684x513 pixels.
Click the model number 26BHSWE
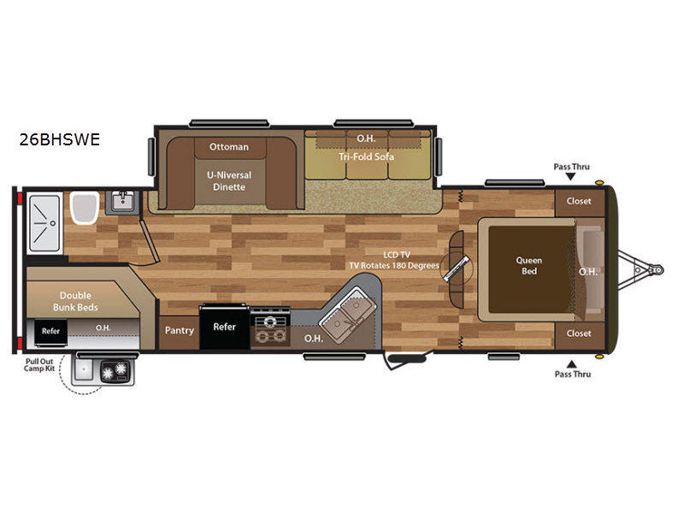pyautogui.click(x=60, y=139)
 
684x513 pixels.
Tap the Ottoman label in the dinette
pyautogui.click(x=229, y=147)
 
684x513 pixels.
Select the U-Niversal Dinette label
pyautogui.click(x=229, y=181)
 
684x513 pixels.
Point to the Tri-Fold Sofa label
pyautogui.click(x=367, y=156)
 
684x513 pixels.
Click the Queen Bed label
pyautogui.click(x=529, y=266)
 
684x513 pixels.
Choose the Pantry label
pyautogui.click(x=180, y=331)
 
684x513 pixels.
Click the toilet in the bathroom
pyautogui.click(x=84, y=208)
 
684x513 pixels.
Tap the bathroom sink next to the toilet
pyautogui.click(x=122, y=202)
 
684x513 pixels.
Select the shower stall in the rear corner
pyautogui.click(x=44, y=223)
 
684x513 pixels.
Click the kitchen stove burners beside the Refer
pyautogui.click(x=270, y=328)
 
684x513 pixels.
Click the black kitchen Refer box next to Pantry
pyautogui.click(x=225, y=327)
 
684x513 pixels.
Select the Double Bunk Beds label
pyautogui.click(x=75, y=302)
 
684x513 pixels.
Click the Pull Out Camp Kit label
pyautogui.click(x=39, y=365)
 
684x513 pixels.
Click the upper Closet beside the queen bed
pyautogui.click(x=579, y=202)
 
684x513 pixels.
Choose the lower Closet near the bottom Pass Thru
pyautogui.click(x=579, y=333)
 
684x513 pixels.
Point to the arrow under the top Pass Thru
pyautogui.click(x=570, y=177)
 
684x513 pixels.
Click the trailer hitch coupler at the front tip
pyautogui.click(x=657, y=270)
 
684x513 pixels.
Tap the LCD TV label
pyautogui.click(x=397, y=255)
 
